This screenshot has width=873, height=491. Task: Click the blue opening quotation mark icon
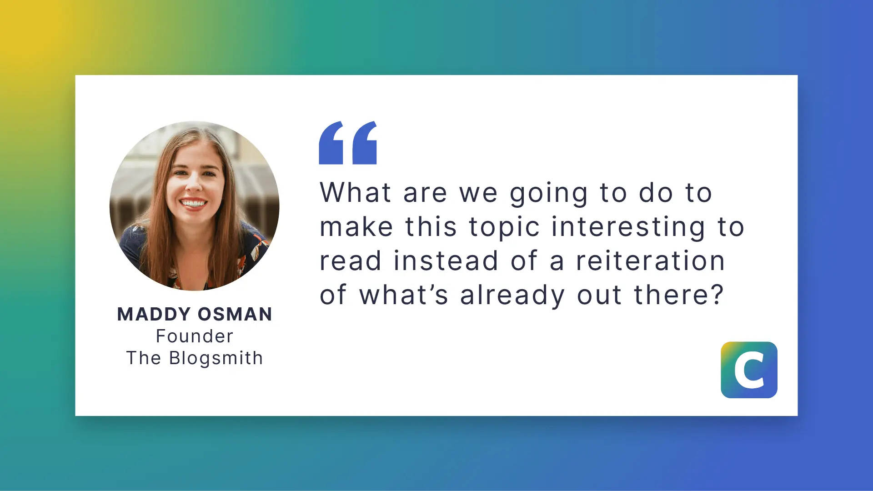(348, 143)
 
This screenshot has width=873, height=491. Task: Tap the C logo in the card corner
(749, 370)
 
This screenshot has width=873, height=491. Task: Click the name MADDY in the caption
(154, 314)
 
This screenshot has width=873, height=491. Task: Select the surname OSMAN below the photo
(235, 314)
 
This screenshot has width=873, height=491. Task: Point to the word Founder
(195, 336)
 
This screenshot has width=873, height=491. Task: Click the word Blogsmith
(216, 358)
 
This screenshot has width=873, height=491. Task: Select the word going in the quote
(549, 194)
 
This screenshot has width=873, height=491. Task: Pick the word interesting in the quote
(628, 228)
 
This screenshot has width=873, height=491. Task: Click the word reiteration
(650, 261)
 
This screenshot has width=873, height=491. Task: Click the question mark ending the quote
(717, 294)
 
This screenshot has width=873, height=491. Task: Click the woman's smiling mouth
(193, 203)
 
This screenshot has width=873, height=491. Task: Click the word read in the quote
(350, 261)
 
